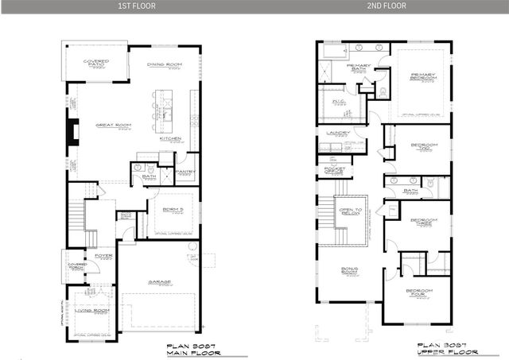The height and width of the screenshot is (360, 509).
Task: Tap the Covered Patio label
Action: click(x=96, y=61)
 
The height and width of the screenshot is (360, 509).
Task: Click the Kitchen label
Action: click(x=171, y=138)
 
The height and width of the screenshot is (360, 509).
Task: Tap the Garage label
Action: click(x=162, y=281)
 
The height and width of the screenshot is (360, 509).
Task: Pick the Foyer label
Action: click(x=103, y=256)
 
